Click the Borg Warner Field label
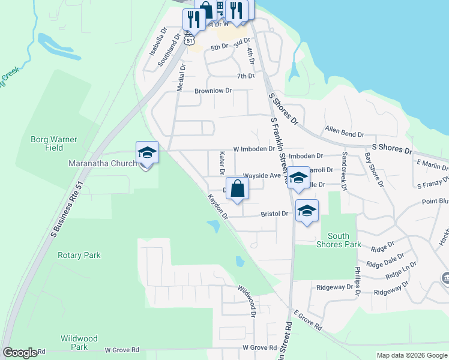click(x=54, y=143)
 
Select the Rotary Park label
click(x=79, y=255)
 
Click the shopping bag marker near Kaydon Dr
click(x=238, y=188)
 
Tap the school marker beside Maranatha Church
click(x=146, y=153)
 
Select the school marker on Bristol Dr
click(x=307, y=211)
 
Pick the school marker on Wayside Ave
click(x=298, y=178)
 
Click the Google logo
click(x=20, y=353)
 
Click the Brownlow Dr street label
click(x=213, y=91)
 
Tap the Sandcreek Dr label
click(x=345, y=171)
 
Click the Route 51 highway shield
click(x=190, y=40)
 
